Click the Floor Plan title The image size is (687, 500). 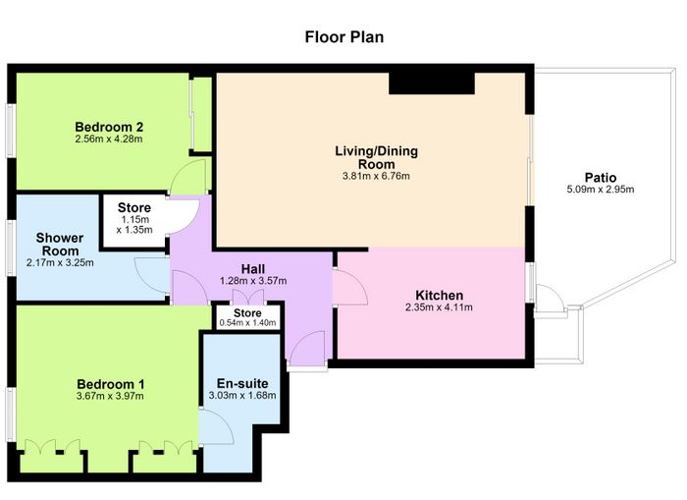(x=343, y=37)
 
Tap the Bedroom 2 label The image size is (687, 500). (x=109, y=127)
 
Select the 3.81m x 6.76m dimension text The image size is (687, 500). (x=376, y=176)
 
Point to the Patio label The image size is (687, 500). (x=601, y=178)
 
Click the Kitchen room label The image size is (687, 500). (x=439, y=295)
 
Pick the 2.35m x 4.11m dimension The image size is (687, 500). (x=439, y=307)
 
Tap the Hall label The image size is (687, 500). (x=253, y=269)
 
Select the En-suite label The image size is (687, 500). (x=242, y=383)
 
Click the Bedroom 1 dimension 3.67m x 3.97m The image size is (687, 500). (x=110, y=396)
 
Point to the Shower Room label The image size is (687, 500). (x=60, y=245)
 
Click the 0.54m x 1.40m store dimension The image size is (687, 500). (x=247, y=323)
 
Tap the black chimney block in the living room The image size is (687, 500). (x=432, y=83)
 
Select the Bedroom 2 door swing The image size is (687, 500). (x=188, y=176)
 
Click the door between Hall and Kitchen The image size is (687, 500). (x=349, y=287)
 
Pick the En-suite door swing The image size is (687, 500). (x=216, y=426)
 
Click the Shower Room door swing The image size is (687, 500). (x=152, y=275)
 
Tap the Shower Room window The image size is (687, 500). (x=11, y=249)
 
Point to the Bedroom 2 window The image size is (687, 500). (x=11, y=131)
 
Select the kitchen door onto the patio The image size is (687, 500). (x=549, y=300)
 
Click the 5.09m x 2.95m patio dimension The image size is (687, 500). (x=601, y=190)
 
